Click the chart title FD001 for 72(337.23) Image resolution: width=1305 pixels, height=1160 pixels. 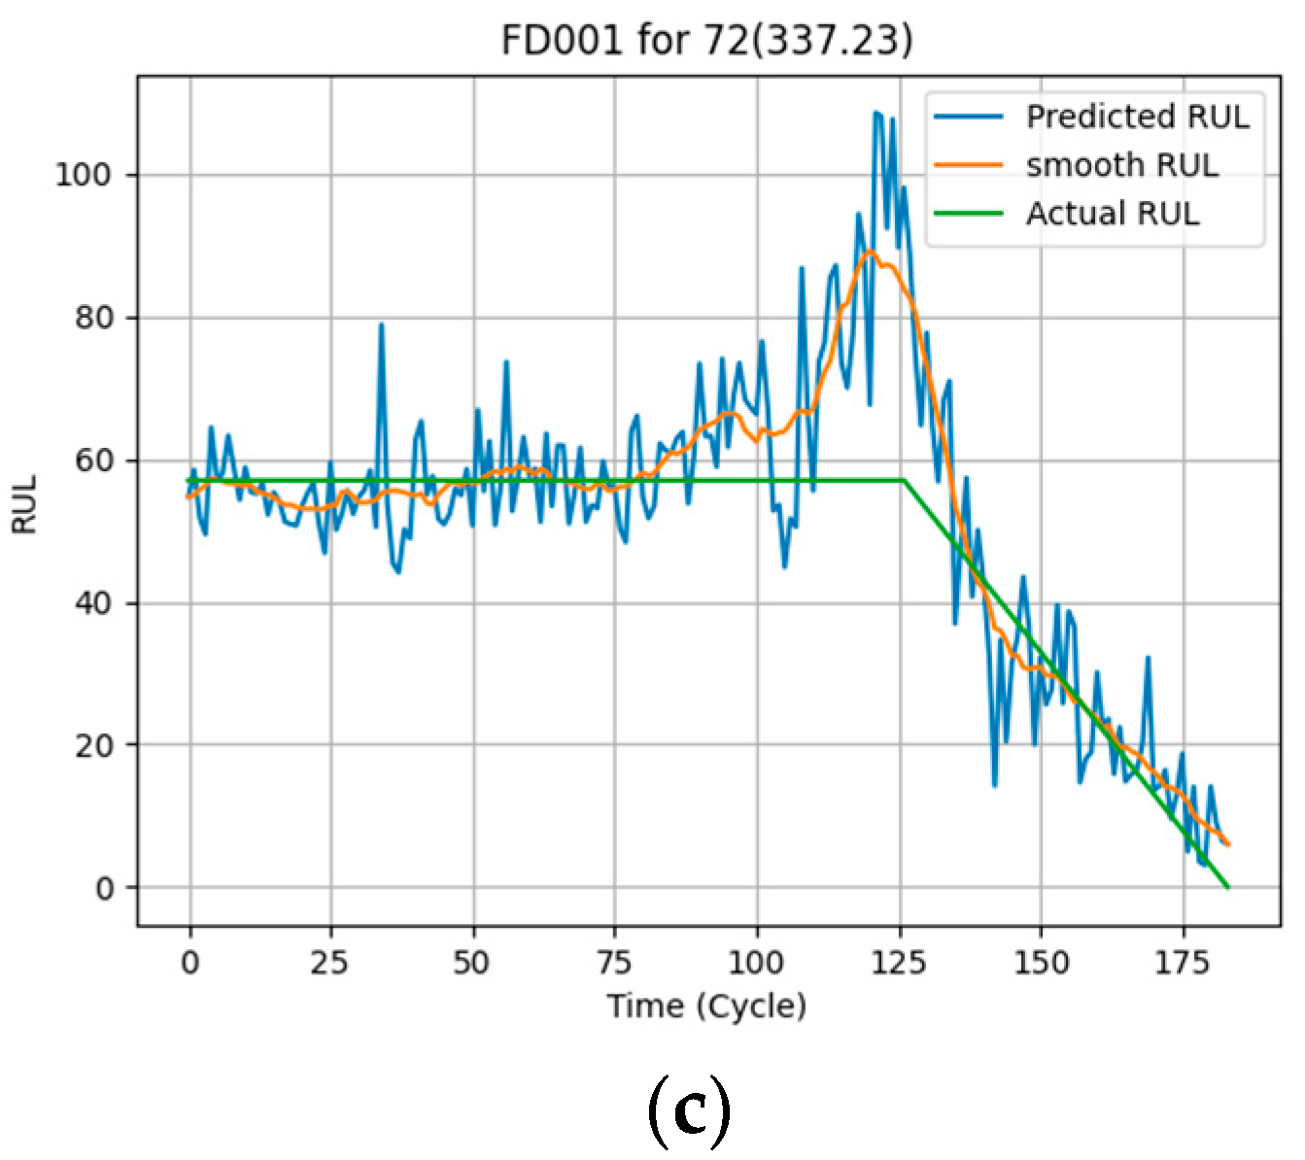706,41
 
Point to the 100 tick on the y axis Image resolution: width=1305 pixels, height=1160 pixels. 83,175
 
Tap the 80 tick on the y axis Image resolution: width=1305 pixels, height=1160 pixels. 93,318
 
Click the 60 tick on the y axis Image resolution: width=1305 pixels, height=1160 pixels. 93,461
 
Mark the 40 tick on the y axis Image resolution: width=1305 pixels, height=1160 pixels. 93,603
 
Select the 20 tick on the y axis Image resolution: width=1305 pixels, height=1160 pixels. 93,745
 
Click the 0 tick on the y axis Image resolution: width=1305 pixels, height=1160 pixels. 104,888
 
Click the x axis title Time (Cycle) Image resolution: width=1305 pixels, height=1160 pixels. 706,1005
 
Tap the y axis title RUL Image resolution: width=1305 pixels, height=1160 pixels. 24,504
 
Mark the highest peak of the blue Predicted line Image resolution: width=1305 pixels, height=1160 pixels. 876,113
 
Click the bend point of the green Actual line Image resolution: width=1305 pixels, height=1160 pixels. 904,480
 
